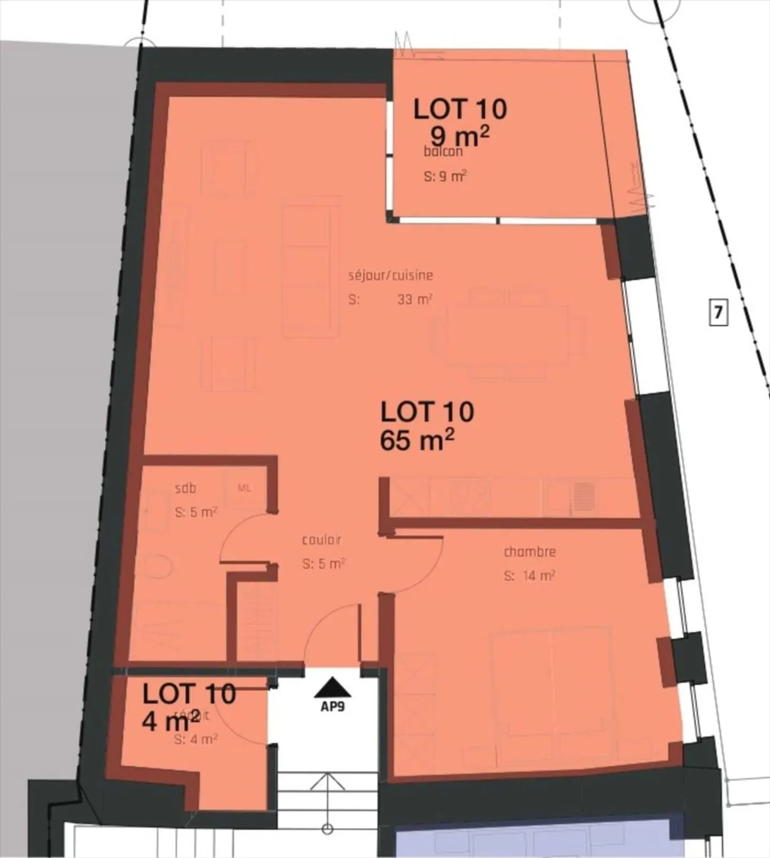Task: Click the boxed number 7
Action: [x=718, y=312]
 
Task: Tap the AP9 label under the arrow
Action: [x=333, y=706]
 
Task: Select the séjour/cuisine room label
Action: [x=390, y=275]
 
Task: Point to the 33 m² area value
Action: [x=414, y=300]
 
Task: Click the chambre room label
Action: [x=529, y=551]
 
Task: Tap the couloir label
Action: [x=321, y=540]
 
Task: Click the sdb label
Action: [x=186, y=488]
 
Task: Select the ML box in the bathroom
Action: [x=244, y=488]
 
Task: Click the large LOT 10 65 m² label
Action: [x=427, y=427]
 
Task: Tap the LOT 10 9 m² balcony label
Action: [x=460, y=122]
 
